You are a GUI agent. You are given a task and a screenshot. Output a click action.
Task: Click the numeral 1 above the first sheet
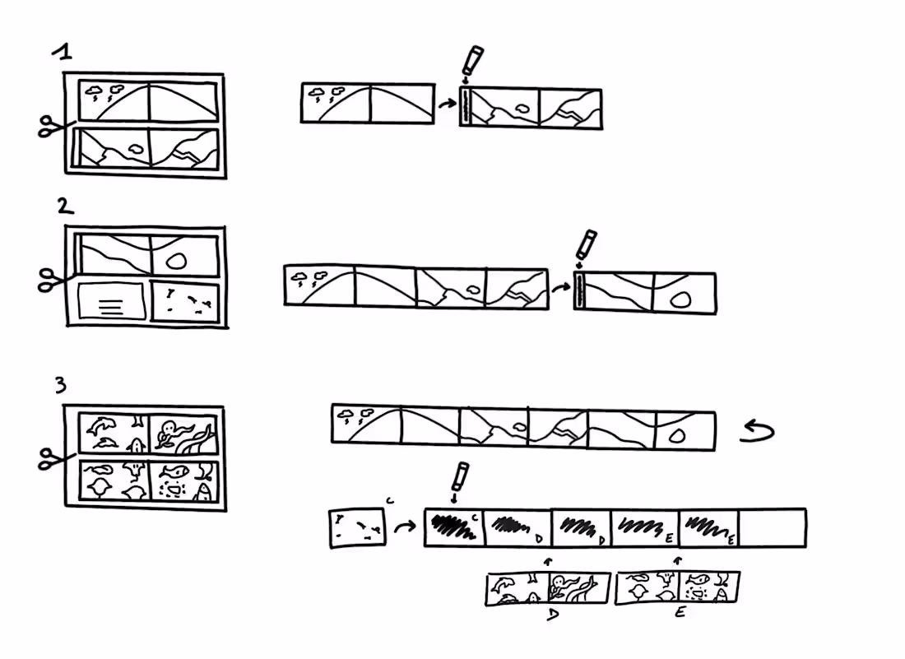coord(63,53)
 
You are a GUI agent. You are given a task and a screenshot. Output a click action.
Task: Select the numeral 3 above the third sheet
coord(61,384)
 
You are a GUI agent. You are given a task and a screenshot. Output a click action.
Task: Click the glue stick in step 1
coord(471,62)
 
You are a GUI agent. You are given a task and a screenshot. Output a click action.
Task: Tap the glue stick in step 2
coord(586,244)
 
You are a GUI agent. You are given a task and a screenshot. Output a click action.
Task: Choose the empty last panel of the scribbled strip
coord(772,527)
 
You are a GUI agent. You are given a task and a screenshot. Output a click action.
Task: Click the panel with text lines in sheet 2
coord(111,302)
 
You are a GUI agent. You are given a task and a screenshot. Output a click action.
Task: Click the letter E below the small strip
coord(680,613)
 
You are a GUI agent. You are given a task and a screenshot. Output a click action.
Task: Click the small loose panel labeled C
coord(356,527)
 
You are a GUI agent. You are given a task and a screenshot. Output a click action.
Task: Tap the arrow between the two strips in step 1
coord(447,104)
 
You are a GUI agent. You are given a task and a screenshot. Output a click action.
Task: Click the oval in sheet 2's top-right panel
coord(175,261)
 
